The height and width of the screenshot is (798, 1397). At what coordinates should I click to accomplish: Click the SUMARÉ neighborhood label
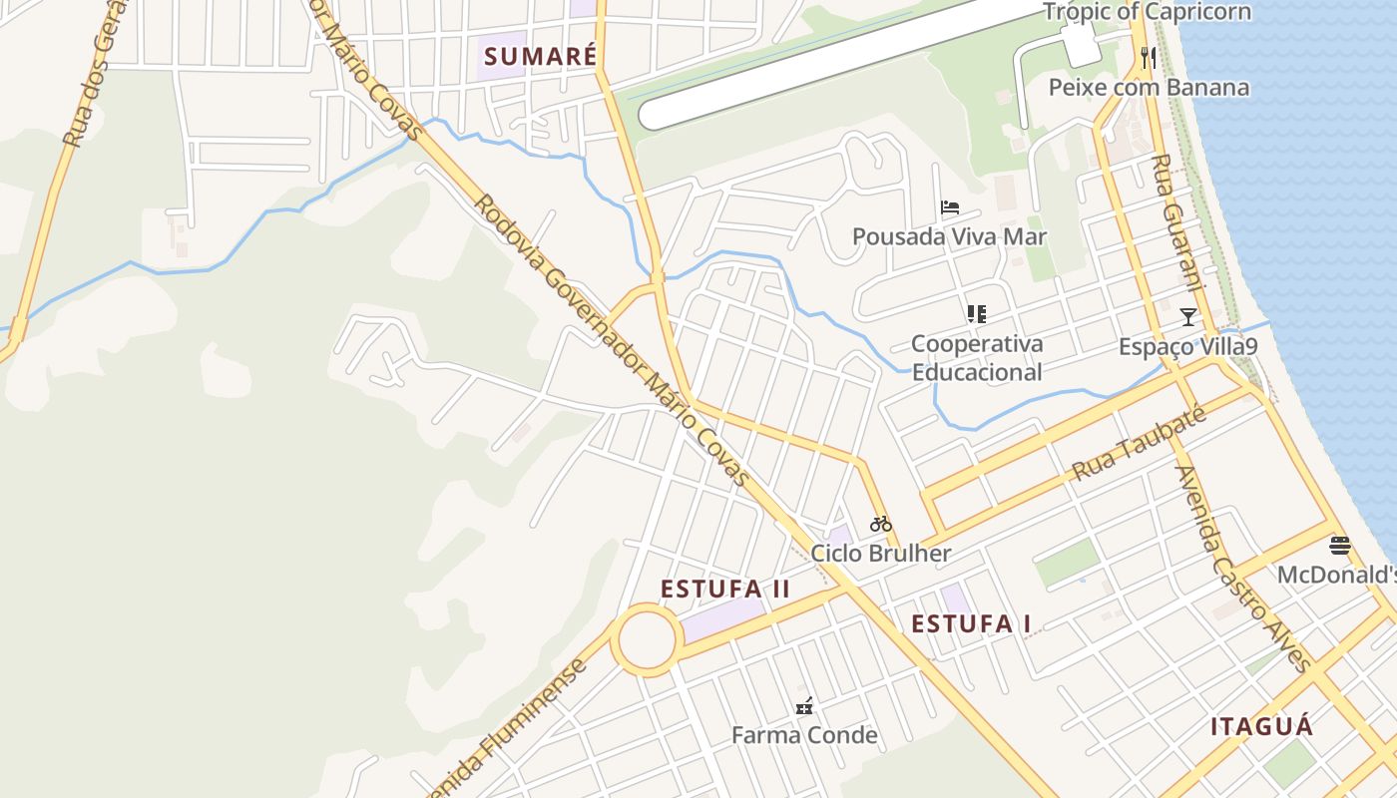click(x=540, y=56)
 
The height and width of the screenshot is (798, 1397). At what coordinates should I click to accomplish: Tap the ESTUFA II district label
click(x=725, y=589)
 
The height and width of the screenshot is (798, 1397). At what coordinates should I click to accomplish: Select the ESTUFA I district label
click(x=971, y=623)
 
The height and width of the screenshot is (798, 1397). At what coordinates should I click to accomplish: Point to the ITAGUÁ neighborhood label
click(x=1262, y=726)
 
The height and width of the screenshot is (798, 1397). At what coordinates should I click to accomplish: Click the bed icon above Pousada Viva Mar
click(x=950, y=207)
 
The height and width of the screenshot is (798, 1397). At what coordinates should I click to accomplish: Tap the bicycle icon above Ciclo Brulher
click(x=880, y=524)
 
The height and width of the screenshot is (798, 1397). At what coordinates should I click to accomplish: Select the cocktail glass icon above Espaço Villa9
click(x=1187, y=317)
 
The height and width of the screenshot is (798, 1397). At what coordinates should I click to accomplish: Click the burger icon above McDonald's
click(x=1339, y=546)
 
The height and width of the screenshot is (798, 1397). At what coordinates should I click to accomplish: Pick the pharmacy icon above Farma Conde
click(x=804, y=706)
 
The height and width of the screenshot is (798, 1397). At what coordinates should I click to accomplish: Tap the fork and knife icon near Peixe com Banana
click(x=1149, y=58)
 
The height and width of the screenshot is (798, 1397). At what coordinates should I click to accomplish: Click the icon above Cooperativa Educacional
click(x=976, y=314)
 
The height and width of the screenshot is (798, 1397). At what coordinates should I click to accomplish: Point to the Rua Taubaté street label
click(x=1138, y=444)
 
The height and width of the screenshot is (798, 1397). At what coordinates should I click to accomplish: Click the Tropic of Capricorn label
click(x=1147, y=12)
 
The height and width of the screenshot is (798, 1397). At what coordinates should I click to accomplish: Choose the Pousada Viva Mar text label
click(x=949, y=236)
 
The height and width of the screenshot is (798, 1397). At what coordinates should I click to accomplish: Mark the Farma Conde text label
click(x=804, y=735)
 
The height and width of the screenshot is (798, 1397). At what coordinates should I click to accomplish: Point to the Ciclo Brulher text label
click(x=880, y=553)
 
